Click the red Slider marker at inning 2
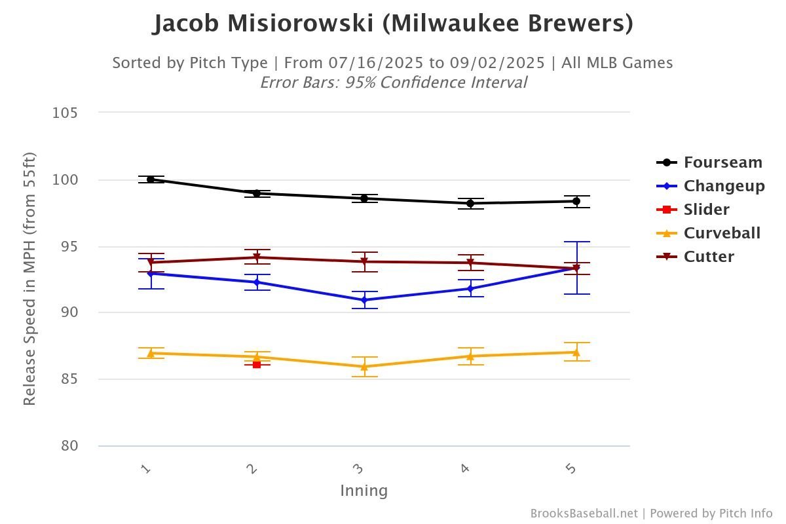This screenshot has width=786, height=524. (x=257, y=364)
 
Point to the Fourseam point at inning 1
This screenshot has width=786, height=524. (x=151, y=179)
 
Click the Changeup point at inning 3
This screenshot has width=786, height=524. (x=364, y=300)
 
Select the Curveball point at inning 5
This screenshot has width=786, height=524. (x=576, y=352)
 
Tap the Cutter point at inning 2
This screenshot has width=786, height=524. (x=257, y=257)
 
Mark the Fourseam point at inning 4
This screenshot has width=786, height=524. (x=470, y=203)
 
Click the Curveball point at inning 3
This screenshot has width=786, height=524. (x=364, y=367)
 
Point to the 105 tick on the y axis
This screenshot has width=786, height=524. (x=65, y=113)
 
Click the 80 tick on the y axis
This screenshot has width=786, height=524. (x=68, y=446)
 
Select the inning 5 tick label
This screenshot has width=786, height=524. (x=571, y=469)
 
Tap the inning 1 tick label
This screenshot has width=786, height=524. (x=146, y=469)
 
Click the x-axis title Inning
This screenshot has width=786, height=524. (x=364, y=491)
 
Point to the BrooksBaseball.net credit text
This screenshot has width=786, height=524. (x=583, y=514)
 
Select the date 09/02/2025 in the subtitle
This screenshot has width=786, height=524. (x=497, y=63)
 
